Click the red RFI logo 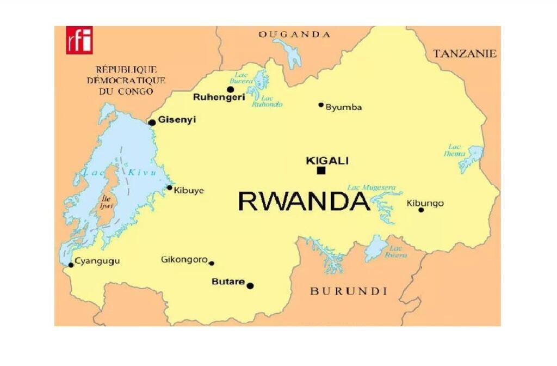click(79, 40)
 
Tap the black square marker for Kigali click(321, 170)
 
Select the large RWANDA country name click(304, 201)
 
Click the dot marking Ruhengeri click(230, 89)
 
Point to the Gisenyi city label click(177, 120)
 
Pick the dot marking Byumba click(321, 105)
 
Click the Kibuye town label click(189, 191)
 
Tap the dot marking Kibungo click(421, 210)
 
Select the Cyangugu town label click(97, 261)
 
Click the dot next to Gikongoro click(212, 263)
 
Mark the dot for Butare click(250, 285)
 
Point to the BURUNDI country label click(349, 291)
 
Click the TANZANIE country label click(465, 53)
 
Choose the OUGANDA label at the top click(294, 34)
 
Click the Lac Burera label click(241, 78)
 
